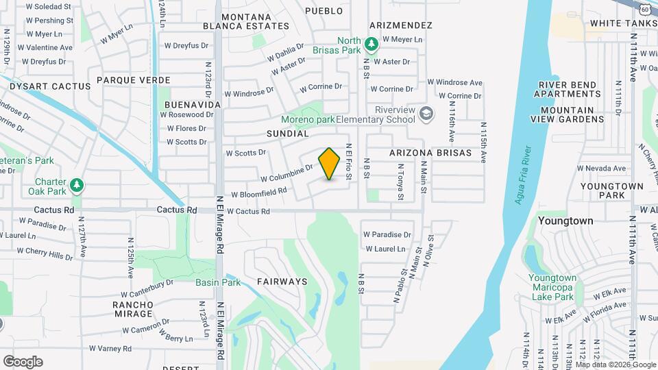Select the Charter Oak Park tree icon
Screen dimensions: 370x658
77,185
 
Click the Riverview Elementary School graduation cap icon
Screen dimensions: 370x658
426,113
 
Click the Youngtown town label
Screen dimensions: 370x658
565,221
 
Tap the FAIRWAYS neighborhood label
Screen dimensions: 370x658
282,282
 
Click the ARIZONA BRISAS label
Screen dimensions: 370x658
430,153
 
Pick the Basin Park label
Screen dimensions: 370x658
217,282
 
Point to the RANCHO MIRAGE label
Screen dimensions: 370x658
133,309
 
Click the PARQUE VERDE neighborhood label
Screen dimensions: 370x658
133,80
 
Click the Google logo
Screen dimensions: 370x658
23,362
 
